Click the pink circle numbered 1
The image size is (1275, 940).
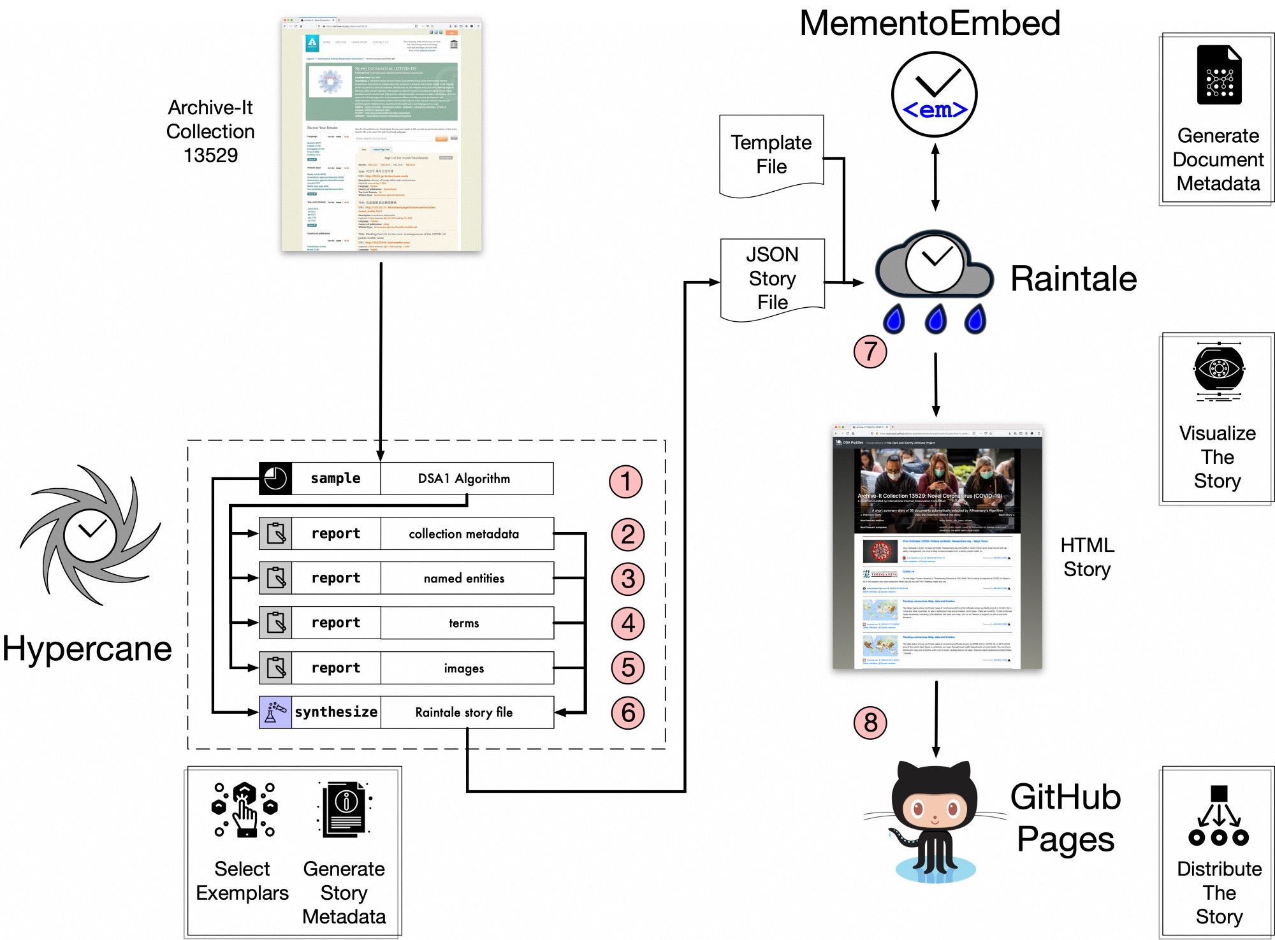tap(625, 482)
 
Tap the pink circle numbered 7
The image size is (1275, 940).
tap(870, 351)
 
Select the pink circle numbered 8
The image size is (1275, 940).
tap(870, 723)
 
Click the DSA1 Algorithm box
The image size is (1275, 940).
tap(466, 479)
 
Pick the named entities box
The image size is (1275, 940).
tap(466, 578)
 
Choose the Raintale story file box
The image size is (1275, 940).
tap(466, 712)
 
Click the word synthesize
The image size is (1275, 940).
tap(336, 712)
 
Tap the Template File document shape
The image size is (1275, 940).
tap(771, 155)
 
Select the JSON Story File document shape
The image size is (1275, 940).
tap(772, 278)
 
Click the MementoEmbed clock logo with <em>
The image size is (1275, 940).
tap(934, 94)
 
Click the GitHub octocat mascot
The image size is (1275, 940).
tap(934, 822)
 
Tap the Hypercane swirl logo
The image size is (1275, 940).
tap(89, 534)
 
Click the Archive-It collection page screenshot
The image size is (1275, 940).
tap(381, 134)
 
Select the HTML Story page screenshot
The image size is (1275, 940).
tap(936, 547)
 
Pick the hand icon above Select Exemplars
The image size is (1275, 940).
tap(245, 809)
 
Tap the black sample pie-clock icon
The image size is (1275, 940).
tap(275, 479)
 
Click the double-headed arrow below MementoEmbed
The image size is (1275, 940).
tap(935, 177)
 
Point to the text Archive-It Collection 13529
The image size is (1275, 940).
tap(210, 131)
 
